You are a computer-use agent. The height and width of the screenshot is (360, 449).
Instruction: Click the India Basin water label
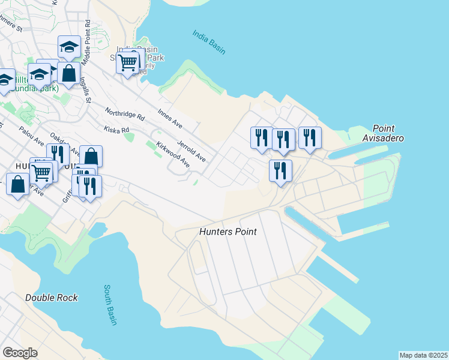(209, 42)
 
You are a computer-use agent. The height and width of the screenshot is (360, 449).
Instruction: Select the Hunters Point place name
(228, 232)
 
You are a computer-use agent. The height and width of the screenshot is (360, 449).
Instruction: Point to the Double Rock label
(52, 298)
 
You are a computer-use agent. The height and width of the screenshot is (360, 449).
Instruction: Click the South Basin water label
(110, 305)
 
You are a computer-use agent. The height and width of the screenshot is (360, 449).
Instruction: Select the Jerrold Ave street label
(191, 151)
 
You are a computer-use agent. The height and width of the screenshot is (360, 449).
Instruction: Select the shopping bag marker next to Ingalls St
(70, 74)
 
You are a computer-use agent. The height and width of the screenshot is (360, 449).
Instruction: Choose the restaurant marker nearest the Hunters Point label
(280, 171)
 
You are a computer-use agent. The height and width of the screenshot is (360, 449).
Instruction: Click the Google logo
(20, 353)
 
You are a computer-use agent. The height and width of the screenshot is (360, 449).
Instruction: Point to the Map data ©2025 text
(423, 355)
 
